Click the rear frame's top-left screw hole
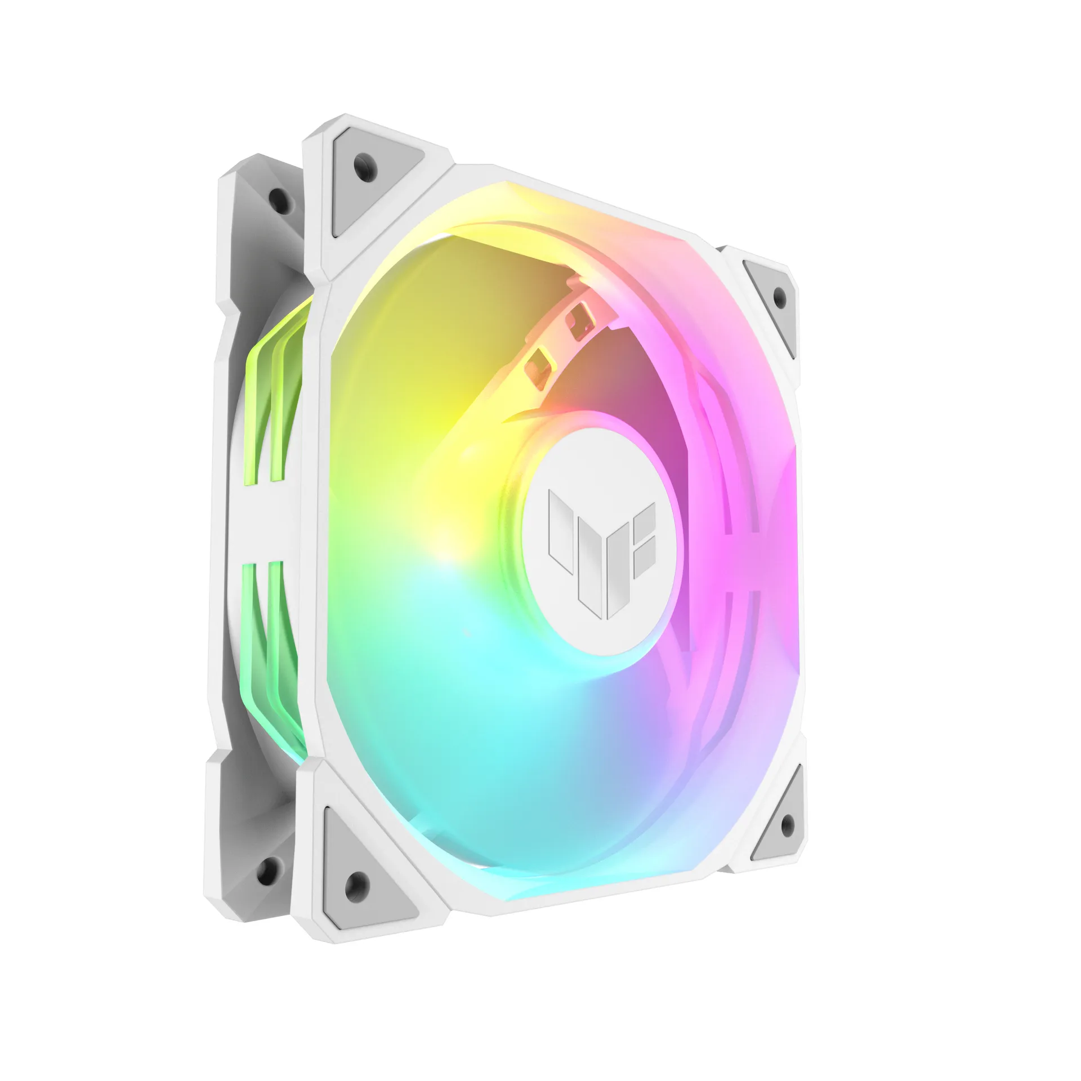tap(276, 195)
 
